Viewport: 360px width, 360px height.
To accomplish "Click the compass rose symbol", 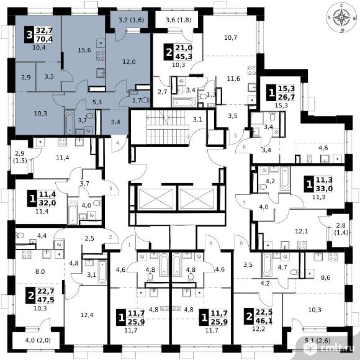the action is pyautogui.click(x=341, y=18).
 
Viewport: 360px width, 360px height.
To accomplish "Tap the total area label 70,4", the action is pyautogui.click(x=44, y=39).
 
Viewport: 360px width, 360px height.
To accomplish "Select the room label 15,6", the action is pyautogui.click(x=84, y=50).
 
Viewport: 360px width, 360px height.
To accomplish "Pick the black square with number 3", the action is pyautogui.click(x=29, y=35).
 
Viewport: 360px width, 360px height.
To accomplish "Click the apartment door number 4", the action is pyautogui.click(x=117, y=143).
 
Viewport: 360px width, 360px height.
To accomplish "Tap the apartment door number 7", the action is pyautogui.click(x=245, y=203).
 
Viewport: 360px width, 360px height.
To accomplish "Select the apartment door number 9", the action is pyautogui.click(x=211, y=243).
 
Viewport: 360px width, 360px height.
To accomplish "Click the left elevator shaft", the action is pyautogui.click(x=156, y=199).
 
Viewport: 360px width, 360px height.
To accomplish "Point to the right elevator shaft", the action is pyautogui.click(x=197, y=199).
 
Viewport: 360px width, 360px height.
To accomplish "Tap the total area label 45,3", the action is pyautogui.click(x=184, y=56).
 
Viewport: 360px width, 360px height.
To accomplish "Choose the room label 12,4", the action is pyautogui.click(x=86, y=315).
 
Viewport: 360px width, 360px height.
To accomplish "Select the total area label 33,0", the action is pyautogui.click(x=324, y=189).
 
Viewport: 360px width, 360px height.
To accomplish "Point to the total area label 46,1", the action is pyautogui.click(x=264, y=320).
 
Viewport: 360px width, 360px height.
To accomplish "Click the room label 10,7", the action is pyautogui.click(x=230, y=38).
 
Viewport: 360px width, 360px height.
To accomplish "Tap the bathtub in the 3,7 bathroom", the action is pyautogui.click(x=69, y=122).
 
